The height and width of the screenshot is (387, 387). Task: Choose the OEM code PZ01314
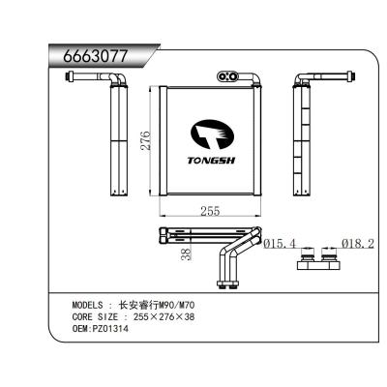pyautogui.click(x=111, y=329)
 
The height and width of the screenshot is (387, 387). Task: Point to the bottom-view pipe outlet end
pyautogui.click(x=229, y=283)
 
